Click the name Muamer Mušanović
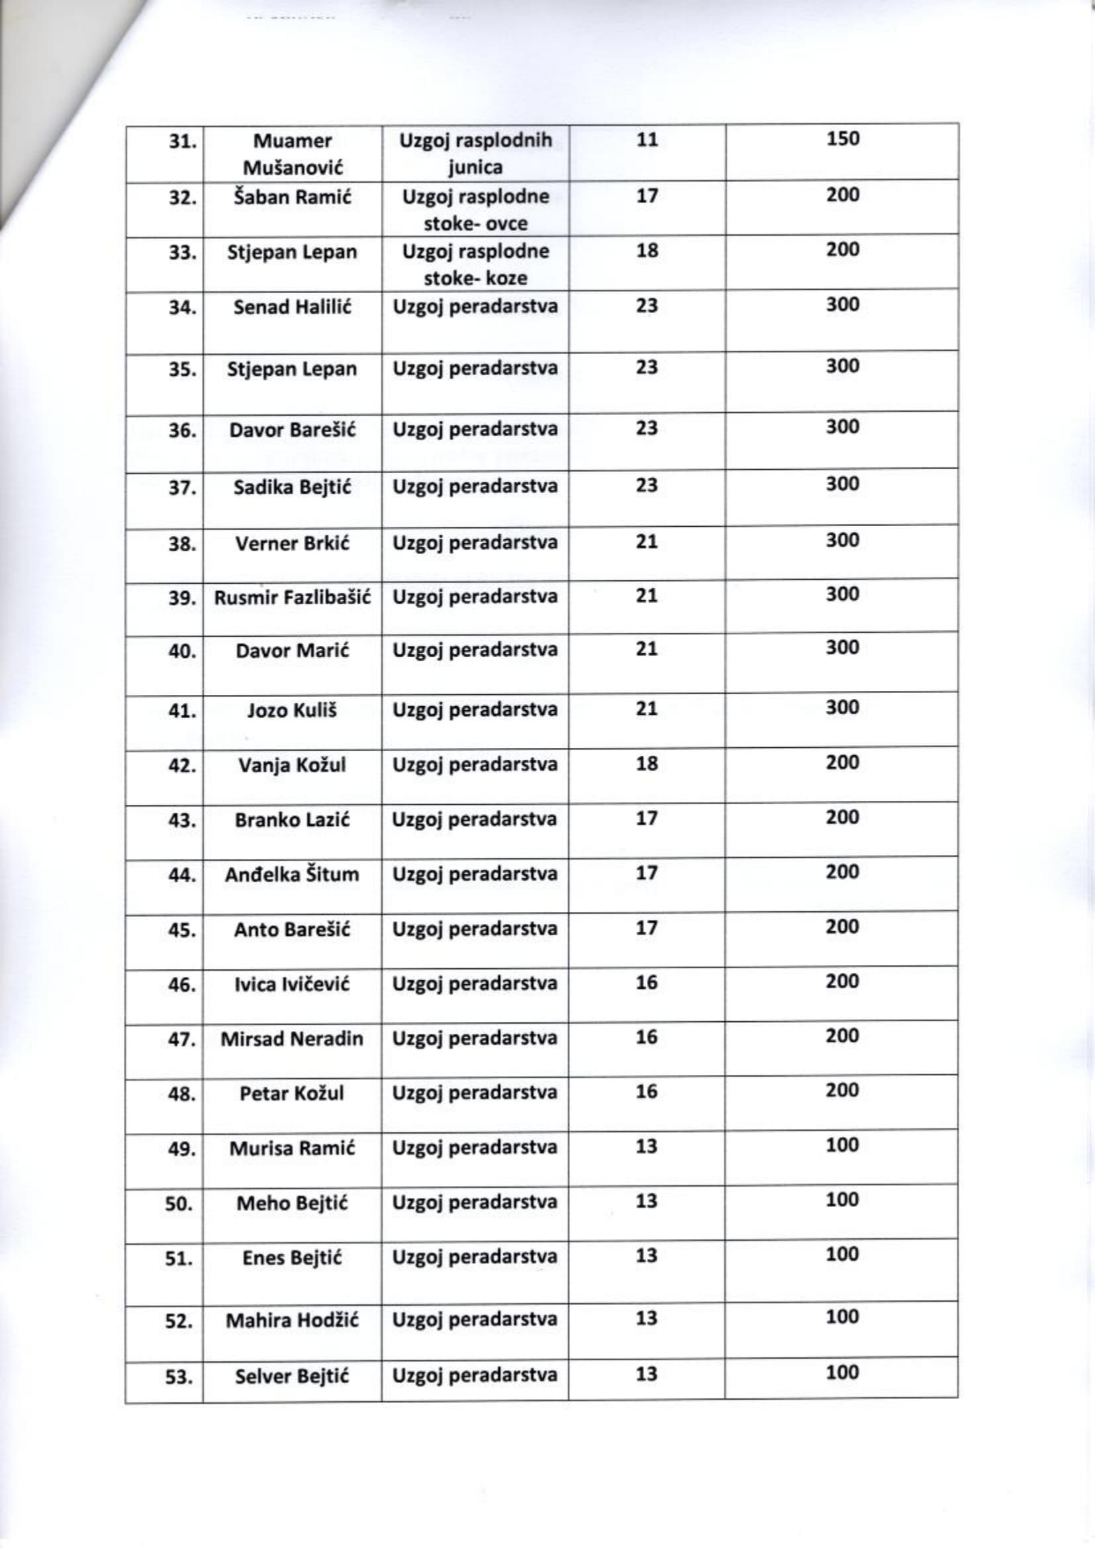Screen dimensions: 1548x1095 292,154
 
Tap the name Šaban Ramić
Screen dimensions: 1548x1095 292,197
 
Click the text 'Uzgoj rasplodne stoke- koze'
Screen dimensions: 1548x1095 475,264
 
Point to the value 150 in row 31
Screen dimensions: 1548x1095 843,139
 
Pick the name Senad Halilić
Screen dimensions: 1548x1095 292,308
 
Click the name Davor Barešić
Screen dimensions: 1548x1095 292,430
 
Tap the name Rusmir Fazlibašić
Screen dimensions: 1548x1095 292,598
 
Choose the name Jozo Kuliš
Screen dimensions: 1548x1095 292,711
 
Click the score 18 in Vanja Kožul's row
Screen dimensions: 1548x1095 647,763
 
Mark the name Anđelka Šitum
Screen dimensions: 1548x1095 292,874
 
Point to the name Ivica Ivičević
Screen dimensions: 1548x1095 292,984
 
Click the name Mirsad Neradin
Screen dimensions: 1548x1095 292,1039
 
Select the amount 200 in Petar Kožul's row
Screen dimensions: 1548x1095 842,1091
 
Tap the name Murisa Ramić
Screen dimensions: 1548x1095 292,1148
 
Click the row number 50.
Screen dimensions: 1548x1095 179,1204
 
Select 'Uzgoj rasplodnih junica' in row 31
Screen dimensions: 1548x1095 475,154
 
